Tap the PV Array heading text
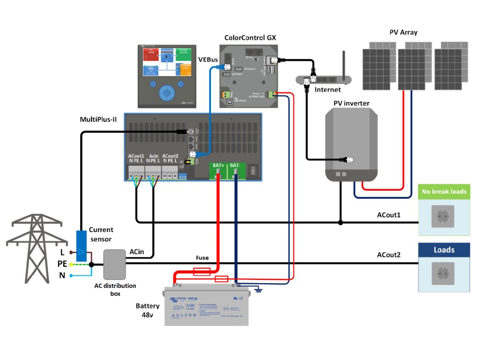(x=403, y=32)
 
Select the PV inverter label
(x=352, y=103)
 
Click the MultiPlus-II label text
(x=98, y=120)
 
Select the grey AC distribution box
(x=114, y=264)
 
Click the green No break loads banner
(x=443, y=191)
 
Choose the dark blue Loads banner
(x=444, y=250)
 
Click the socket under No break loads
(x=443, y=217)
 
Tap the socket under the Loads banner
(x=443, y=273)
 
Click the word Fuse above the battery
(x=202, y=258)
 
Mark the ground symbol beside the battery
(x=258, y=291)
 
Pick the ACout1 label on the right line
(x=389, y=215)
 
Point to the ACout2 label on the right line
(x=389, y=255)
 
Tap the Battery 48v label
(x=148, y=310)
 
